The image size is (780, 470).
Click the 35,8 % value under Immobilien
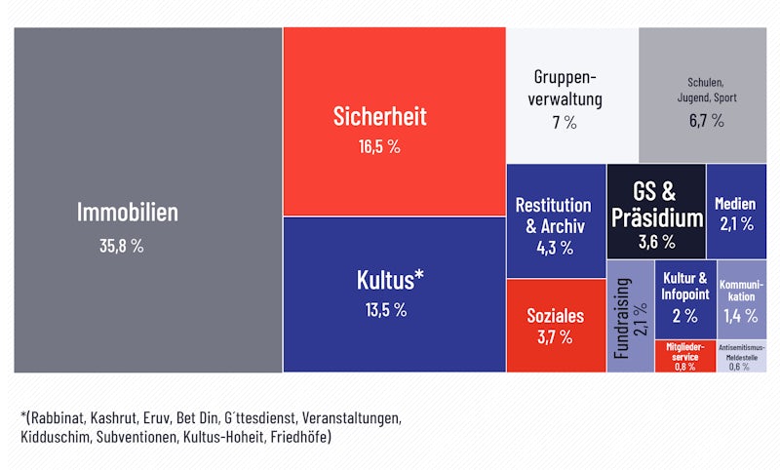(x=122, y=247)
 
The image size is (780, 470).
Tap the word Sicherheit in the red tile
(x=380, y=117)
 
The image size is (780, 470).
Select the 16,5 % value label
(x=380, y=148)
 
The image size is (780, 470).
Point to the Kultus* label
(x=389, y=280)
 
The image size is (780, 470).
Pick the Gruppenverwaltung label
(x=565, y=88)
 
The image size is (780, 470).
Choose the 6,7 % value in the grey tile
(x=707, y=121)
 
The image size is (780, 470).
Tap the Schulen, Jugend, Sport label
(x=707, y=91)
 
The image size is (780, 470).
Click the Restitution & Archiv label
(x=553, y=215)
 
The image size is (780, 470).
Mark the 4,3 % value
(x=553, y=249)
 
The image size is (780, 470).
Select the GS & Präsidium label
(x=655, y=204)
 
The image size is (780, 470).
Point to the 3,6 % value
(x=656, y=241)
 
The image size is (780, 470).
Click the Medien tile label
(x=735, y=204)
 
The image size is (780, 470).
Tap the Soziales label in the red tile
(x=555, y=315)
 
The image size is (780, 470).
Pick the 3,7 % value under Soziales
(x=555, y=338)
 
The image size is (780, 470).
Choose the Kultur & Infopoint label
(x=683, y=285)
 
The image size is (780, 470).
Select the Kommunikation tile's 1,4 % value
(x=740, y=316)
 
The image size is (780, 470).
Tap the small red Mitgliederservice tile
(x=684, y=356)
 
